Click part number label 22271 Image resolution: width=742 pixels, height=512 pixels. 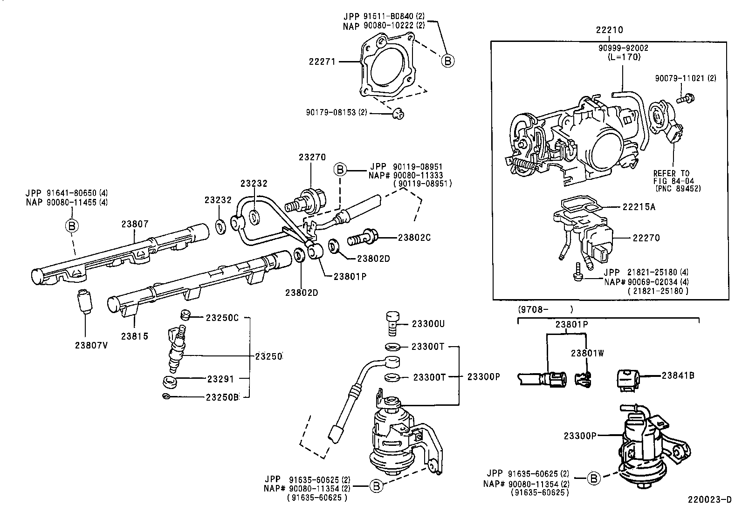coord(322,61)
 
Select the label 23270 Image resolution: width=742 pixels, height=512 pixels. coord(312,158)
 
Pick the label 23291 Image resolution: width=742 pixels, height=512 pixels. coord(220,379)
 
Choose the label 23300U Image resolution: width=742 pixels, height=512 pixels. coord(427,324)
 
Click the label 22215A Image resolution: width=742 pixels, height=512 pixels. coord(639,207)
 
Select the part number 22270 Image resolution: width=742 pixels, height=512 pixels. coord(646,238)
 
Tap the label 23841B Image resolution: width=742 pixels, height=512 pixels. coord(678,375)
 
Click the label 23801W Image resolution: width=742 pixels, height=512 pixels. coord(587,353)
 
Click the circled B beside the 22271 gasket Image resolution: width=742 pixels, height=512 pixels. coord(447,61)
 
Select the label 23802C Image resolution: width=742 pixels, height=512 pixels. coord(414,238)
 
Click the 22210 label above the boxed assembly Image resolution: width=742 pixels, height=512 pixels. coord(609,30)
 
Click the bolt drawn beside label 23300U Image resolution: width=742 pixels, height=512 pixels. coord(392,323)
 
